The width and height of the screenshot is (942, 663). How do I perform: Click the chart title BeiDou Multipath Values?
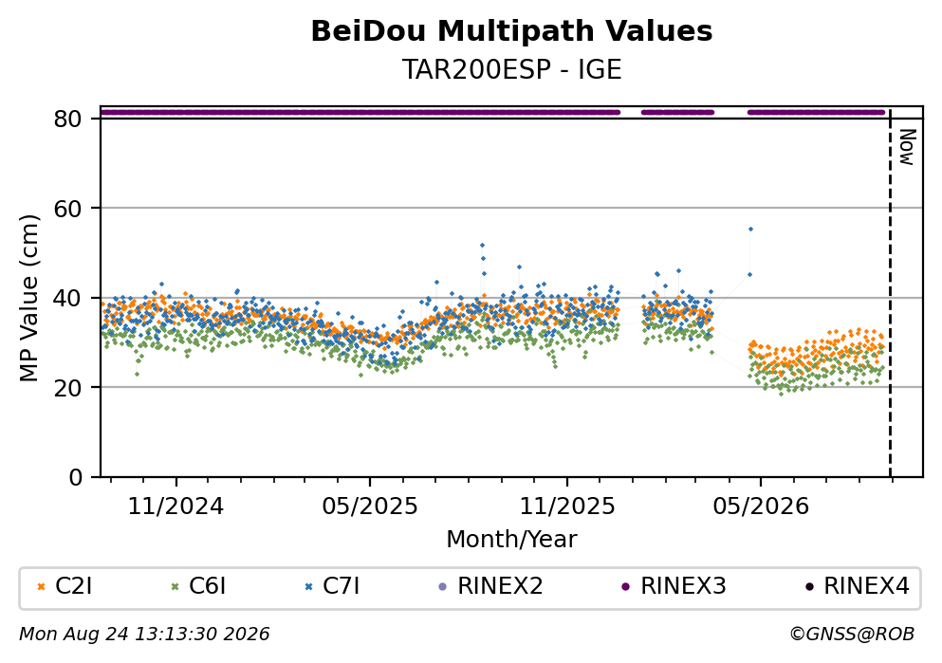[x=511, y=31]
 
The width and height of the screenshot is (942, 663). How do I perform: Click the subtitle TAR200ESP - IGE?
[x=511, y=69]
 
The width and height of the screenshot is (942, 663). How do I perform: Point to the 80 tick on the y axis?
[x=68, y=119]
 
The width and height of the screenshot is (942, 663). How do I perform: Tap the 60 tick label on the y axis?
[x=68, y=209]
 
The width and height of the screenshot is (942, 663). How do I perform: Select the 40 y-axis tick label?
[x=68, y=298]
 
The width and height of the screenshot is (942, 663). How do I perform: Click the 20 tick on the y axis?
[x=68, y=387]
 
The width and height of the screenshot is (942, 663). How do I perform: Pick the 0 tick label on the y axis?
[x=76, y=477]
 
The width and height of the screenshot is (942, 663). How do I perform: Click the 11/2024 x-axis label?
[x=175, y=506]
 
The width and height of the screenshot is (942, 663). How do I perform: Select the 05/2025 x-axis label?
[x=369, y=506]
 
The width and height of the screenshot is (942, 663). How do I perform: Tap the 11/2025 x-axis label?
[x=567, y=506]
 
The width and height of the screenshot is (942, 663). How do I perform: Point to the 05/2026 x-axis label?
[x=761, y=506]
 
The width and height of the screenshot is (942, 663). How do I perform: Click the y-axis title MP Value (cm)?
[x=28, y=298]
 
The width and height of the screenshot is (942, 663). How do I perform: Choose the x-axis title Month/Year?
[x=511, y=540]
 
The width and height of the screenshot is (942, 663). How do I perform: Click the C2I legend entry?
[x=65, y=586]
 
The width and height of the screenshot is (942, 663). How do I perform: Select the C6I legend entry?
[x=199, y=586]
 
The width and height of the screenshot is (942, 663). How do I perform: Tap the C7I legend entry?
[x=333, y=586]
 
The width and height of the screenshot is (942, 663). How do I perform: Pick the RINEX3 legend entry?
[x=674, y=586]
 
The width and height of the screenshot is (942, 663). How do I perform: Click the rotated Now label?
[x=907, y=147]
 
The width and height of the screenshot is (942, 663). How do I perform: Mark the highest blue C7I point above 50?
[x=750, y=229]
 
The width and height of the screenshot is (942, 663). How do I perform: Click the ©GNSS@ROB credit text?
[x=852, y=635]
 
